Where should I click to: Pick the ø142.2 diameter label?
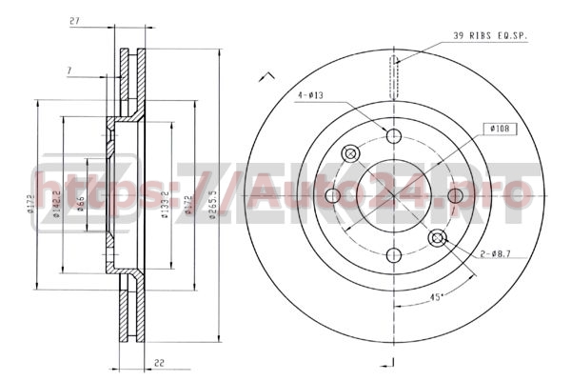[58, 203]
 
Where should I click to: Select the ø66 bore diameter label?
[80, 201]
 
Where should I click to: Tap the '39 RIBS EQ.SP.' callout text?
[490, 35]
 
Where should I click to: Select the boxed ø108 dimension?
[500, 127]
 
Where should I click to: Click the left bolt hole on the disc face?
[333, 195]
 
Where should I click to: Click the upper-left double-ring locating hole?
[351, 152]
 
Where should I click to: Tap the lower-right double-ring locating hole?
[437, 238]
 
